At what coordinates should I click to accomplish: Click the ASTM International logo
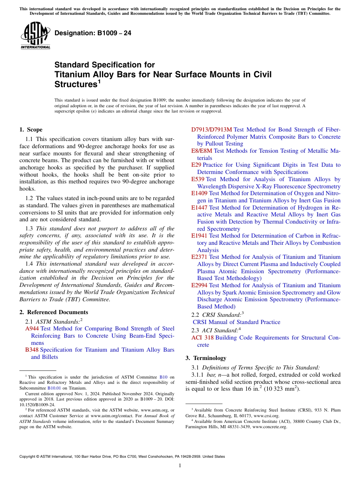tap(35, 35)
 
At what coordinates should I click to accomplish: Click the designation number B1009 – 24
tap(93, 33)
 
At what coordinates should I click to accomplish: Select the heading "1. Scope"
tap(31, 130)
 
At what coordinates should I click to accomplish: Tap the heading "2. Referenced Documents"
tap(54, 312)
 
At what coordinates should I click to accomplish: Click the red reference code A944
tap(32, 329)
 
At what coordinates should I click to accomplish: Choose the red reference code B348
tap(32, 350)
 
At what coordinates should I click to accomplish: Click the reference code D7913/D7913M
tap(212, 130)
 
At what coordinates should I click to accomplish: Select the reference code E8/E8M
tap(202, 151)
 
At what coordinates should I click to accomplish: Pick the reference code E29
tap(196, 165)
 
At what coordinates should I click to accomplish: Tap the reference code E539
tap(198, 179)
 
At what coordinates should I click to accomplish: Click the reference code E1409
tap(199, 193)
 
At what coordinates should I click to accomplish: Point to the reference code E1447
tap(199, 208)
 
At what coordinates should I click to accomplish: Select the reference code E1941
tap(199, 236)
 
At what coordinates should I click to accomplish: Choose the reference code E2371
tap(199, 257)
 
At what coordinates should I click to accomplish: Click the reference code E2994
tap(199, 285)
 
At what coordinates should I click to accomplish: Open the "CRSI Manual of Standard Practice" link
tap(236, 322)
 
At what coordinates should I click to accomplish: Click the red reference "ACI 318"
tap(202, 338)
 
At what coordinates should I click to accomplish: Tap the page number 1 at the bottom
tap(180, 465)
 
